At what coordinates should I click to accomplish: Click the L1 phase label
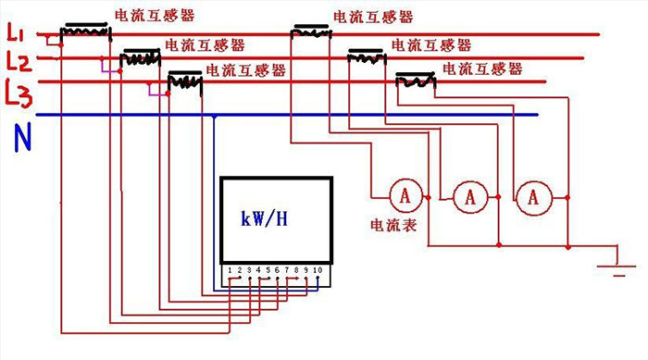click(16, 36)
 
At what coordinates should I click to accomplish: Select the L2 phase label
click(18, 63)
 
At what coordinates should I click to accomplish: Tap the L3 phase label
click(20, 92)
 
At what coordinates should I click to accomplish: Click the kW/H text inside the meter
click(264, 219)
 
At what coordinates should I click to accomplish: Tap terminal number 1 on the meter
click(230, 269)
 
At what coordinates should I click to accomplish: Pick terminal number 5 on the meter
click(267, 269)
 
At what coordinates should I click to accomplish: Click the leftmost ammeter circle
click(405, 196)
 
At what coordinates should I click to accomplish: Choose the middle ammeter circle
click(469, 196)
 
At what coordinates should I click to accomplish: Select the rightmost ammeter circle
click(533, 196)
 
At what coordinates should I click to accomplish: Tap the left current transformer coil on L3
click(184, 82)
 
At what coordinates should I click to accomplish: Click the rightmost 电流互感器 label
click(482, 69)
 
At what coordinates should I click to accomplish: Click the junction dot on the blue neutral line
click(215, 116)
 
